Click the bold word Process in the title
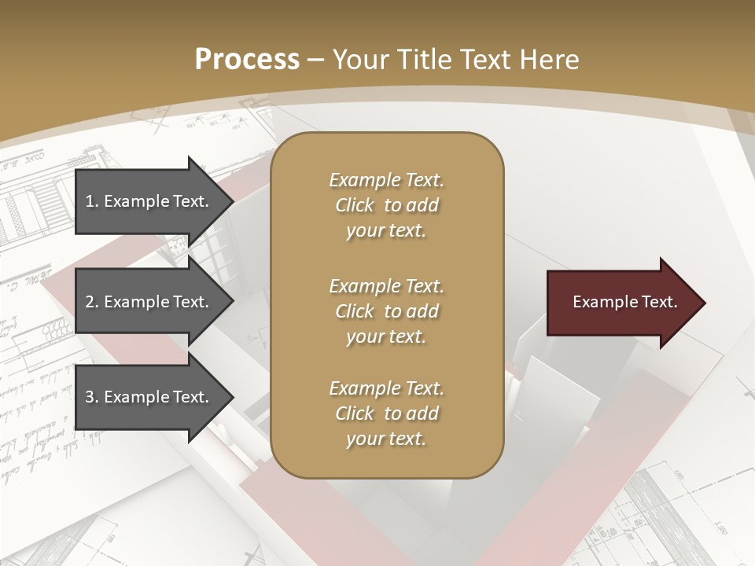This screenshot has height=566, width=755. pos(247,60)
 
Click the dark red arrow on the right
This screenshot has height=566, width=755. pos(621,303)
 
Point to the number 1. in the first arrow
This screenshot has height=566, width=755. pos(91,201)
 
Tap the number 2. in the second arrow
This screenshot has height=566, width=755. pos(91,302)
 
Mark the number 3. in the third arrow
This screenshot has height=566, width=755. pos(91,397)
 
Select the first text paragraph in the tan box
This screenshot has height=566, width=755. pos(386,205)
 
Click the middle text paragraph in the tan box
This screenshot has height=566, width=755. pos(386,311)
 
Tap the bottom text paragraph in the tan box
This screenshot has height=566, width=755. pos(386,413)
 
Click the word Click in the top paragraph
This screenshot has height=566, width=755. pos(355,205)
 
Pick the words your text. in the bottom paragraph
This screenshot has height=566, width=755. pos(386,439)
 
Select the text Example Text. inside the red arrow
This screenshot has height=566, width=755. pos(624,302)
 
